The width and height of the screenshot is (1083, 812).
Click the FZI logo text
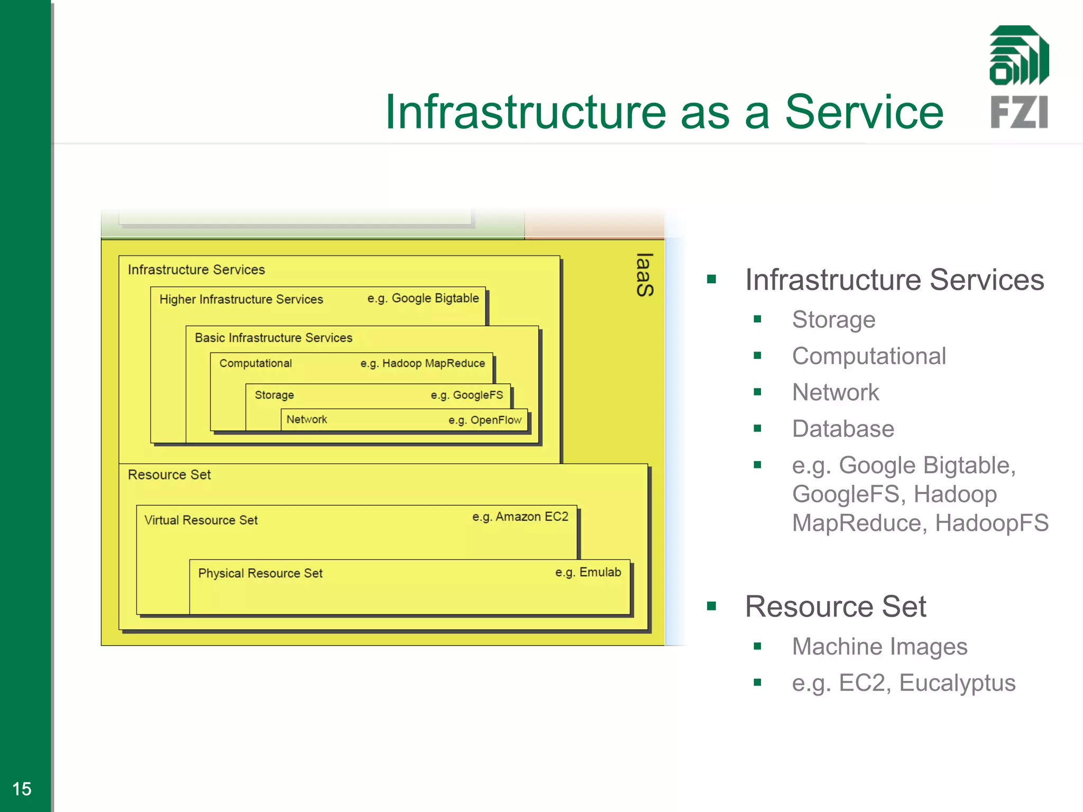pyautogui.click(x=1018, y=112)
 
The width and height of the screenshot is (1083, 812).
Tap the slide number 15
pyautogui.click(x=22, y=789)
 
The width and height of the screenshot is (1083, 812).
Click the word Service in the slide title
pyautogui.click(x=864, y=112)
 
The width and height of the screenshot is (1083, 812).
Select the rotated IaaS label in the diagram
pyautogui.click(x=645, y=274)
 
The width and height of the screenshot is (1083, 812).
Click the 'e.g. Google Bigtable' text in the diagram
pyautogui.click(x=423, y=298)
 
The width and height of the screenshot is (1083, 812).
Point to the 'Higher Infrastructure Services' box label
pyautogui.click(x=241, y=299)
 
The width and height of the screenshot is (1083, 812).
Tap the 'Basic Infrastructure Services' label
pyautogui.click(x=273, y=338)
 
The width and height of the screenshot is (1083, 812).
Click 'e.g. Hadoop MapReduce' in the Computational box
pyautogui.click(x=423, y=363)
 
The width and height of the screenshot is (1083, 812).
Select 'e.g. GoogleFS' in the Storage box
pyautogui.click(x=466, y=395)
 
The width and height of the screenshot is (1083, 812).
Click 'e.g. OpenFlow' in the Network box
pyautogui.click(x=485, y=420)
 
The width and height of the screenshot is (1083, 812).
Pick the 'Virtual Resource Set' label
pyautogui.click(x=201, y=520)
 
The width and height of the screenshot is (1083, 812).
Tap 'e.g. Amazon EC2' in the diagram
pyautogui.click(x=520, y=516)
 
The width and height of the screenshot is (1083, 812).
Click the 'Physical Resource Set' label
pyautogui.click(x=260, y=574)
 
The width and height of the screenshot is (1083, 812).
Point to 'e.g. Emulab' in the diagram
pyautogui.click(x=588, y=572)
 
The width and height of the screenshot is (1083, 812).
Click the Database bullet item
pyautogui.click(x=843, y=429)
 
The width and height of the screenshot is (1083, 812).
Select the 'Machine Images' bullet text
pyautogui.click(x=879, y=647)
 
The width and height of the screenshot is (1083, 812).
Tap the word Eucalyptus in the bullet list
pyautogui.click(x=957, y=683)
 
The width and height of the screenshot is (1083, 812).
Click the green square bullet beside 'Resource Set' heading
pyautogui.click(x=712, y=606)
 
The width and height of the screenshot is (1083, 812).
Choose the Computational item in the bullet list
pyautogui.click(x=869, y=356)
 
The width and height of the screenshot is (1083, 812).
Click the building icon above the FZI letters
pyautogui.click(x=1019, y=55)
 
